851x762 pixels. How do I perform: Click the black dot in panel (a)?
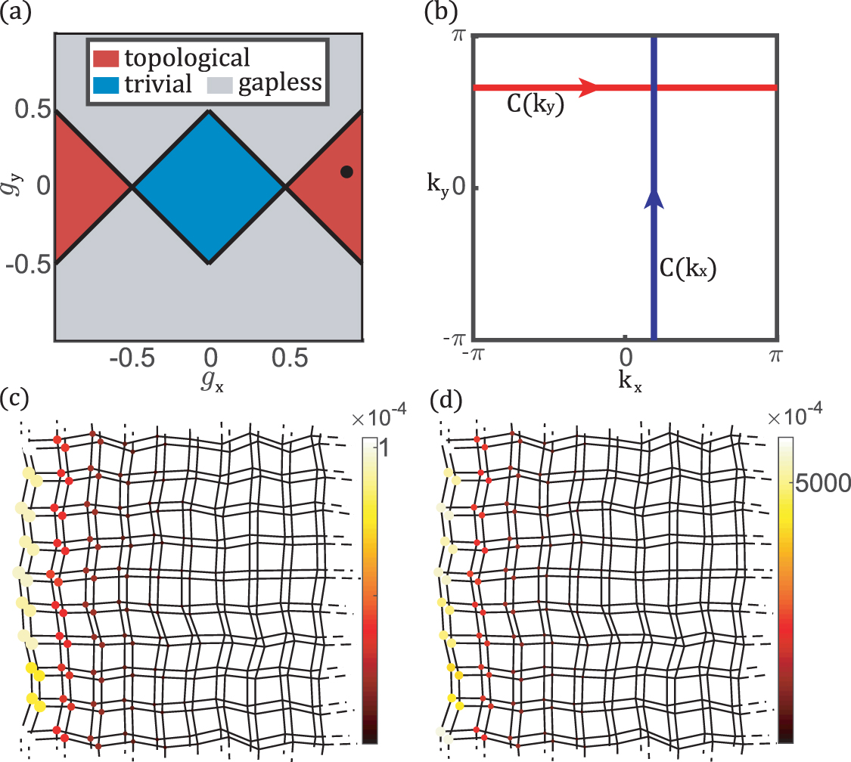pyautogui.click(x=346, y=172)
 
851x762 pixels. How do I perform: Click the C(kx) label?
pyautogui.click(x=687, y=268)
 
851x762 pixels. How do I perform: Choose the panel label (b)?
pyautogui.click(x=441, y=14)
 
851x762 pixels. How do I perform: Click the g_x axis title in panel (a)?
pyautogui.click(x=211, y=383)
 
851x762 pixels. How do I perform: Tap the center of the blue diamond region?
pyautogui.click(x=210, y=187)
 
